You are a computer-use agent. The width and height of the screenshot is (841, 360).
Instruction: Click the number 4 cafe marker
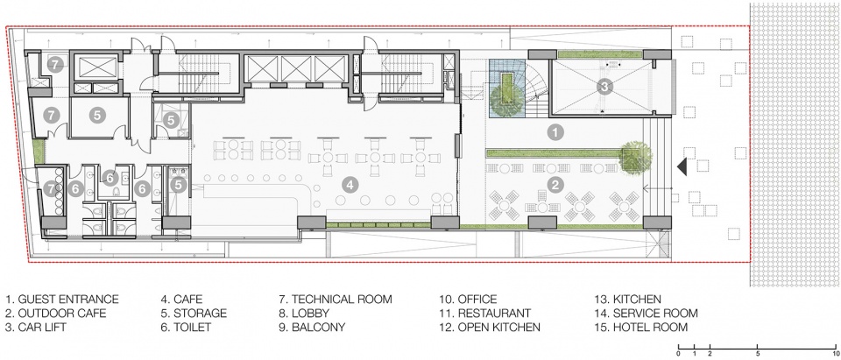point(350,186)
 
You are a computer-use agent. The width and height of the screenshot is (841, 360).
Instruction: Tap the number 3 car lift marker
point(604,86)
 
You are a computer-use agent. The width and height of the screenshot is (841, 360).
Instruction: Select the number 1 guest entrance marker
point(555,131)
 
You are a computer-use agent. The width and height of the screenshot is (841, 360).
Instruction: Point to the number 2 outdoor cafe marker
point(555,186)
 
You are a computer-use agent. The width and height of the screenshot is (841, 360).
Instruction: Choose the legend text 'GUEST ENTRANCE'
point(68,300)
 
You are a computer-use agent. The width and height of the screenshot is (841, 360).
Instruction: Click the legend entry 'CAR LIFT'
point(42,327)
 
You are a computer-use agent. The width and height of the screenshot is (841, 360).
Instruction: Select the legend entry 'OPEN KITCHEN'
point(498,327)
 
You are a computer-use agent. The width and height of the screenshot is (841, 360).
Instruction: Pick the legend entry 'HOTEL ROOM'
point(650,327)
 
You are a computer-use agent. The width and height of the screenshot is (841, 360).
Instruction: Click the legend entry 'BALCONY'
point(318,327)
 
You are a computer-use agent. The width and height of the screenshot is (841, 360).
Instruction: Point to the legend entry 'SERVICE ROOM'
point(655,314)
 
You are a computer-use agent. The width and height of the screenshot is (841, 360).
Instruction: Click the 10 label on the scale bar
point(836,354)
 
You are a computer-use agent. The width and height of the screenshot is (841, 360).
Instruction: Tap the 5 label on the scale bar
point(757,354)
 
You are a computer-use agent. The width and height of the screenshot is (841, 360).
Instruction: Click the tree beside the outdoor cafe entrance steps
point(636,158)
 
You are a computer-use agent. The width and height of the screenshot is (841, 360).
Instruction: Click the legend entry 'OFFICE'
point(477,300)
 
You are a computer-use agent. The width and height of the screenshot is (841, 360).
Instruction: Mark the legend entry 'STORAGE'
point(201,314)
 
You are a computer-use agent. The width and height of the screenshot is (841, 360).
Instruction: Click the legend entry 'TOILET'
point(193,327)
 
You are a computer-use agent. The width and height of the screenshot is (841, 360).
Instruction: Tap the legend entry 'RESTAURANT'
point(494,314)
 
